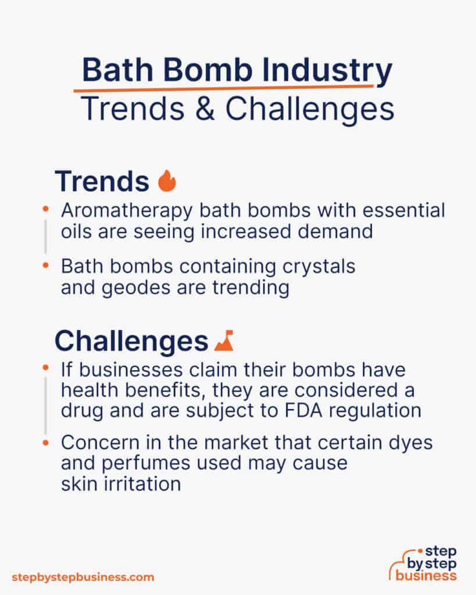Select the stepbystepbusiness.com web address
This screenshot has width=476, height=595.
(83, 577)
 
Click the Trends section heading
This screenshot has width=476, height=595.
(102, 181)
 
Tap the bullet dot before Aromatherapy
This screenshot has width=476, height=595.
(46, 207)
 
